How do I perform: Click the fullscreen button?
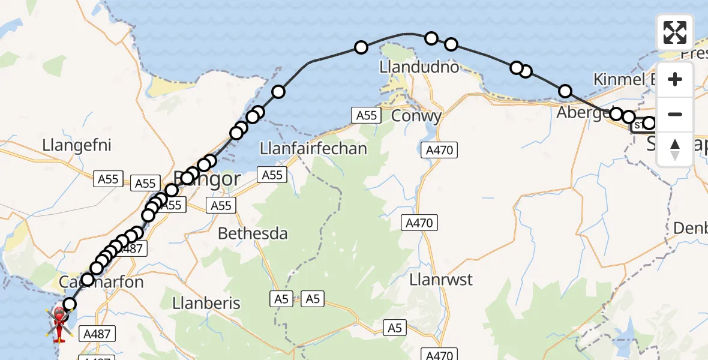click(x=675, y=32)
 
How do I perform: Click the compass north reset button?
click(x=675, y=149)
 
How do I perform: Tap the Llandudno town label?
click(x=419, y=67)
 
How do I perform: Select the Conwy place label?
click(x=416, y=115)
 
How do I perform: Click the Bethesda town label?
click(x=253, y=233)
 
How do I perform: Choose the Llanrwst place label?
click(x=441, y=280)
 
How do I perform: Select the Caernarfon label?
click(x=101, y=281)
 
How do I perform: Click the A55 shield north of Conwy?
click(x=367, y=115)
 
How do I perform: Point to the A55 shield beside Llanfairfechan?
click(x=272, y=175)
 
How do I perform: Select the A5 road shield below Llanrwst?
click(x=394, y=328)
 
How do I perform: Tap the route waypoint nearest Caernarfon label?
click(x=88, y=280)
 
